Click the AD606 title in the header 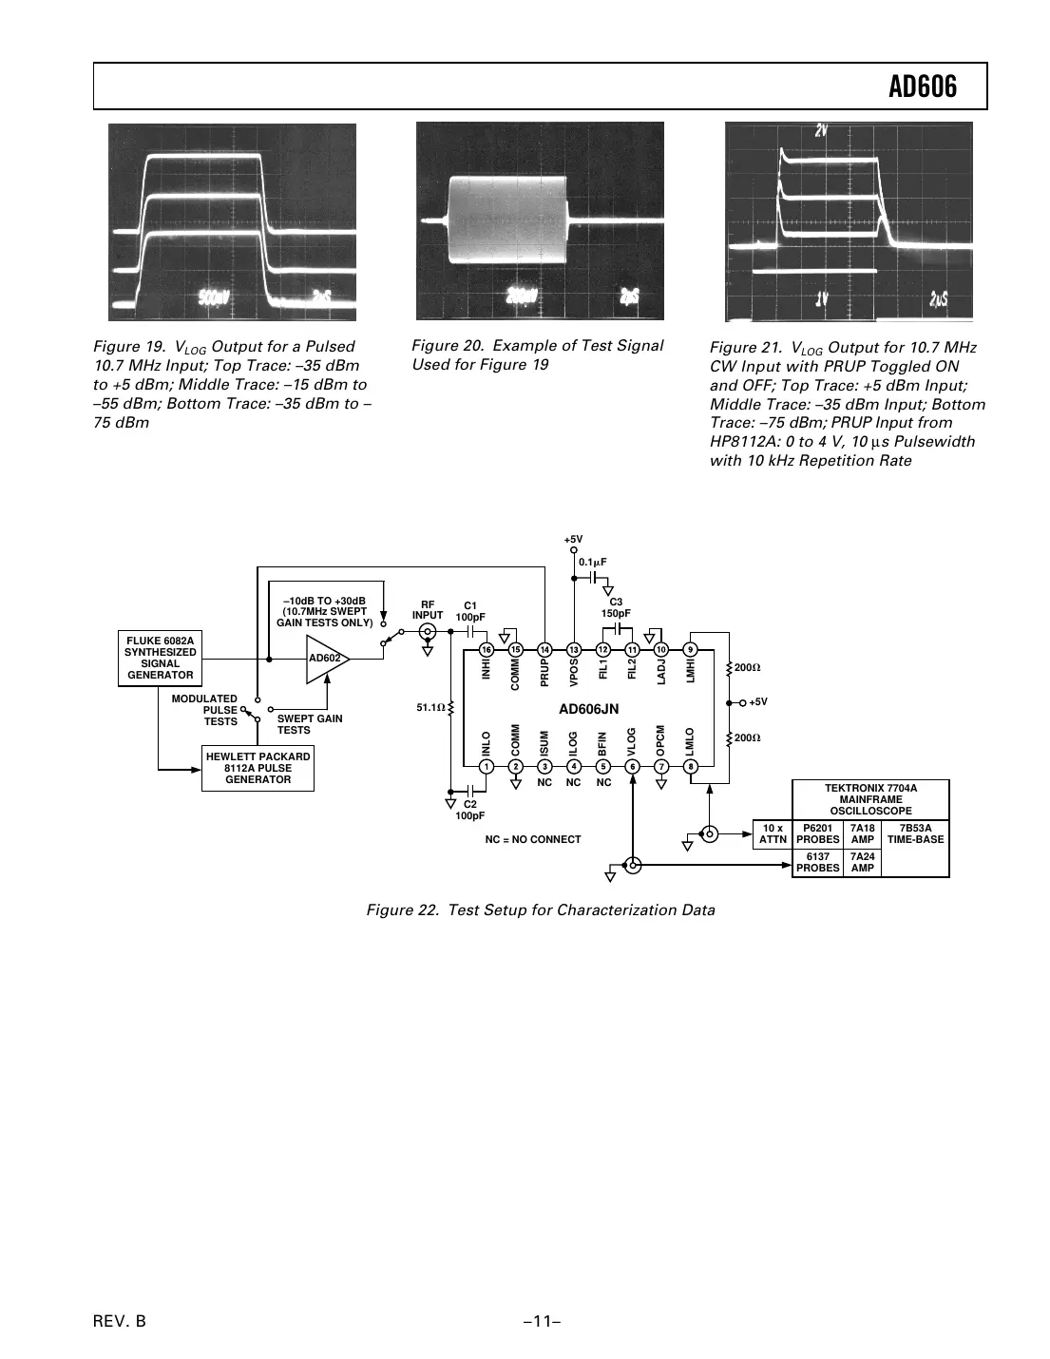(x=922, y=87)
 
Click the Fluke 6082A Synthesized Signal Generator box (x=160, y=658)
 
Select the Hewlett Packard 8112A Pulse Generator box (x=258, y=768)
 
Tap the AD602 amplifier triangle (x=326, y=658)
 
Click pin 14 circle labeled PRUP (x=544, y=649)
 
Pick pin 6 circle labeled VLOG (x=633, y=767)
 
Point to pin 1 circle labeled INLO (x=486, y=767)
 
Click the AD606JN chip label (x=588, y=709)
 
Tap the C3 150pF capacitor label (x=616, y=607)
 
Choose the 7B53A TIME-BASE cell (x=915, y=833)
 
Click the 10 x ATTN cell (x=773, y=833)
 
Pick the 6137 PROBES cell (x=817, y=863)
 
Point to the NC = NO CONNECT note (x=532, y=839)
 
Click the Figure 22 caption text (x=541, y=910)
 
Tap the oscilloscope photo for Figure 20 (x=540, y=221)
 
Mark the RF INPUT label (x=428, y=609)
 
